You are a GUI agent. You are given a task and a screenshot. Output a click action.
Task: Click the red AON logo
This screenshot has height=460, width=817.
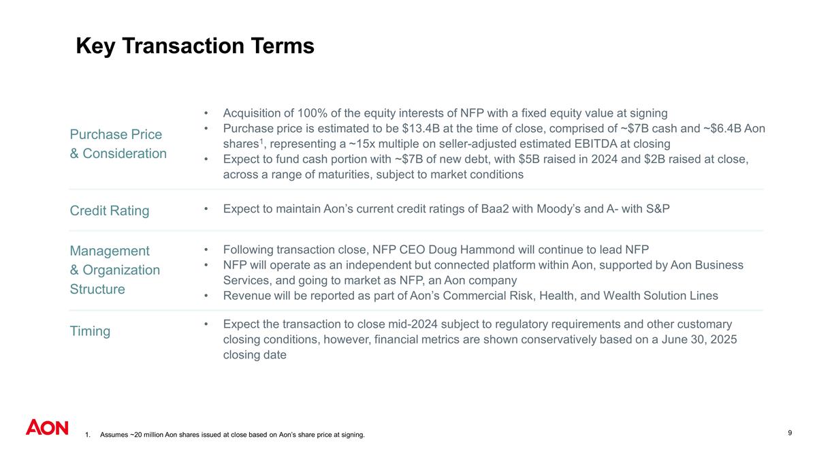[x=47, y=427]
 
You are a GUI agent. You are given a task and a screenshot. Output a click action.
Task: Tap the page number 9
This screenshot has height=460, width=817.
[x=789, y=433]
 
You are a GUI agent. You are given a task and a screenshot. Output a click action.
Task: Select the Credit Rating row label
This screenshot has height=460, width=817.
[x=110, y=211]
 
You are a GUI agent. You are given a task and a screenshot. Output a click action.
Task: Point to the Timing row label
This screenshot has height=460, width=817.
[x=90, y=331]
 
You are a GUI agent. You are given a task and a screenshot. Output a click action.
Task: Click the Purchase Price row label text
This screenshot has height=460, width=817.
[x=116, y=134]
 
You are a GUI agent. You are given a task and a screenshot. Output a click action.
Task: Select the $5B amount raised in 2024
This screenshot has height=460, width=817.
[x=564, y=159]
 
